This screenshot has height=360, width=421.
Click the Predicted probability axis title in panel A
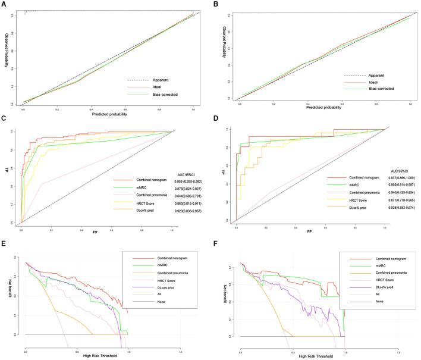pos(108,113)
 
